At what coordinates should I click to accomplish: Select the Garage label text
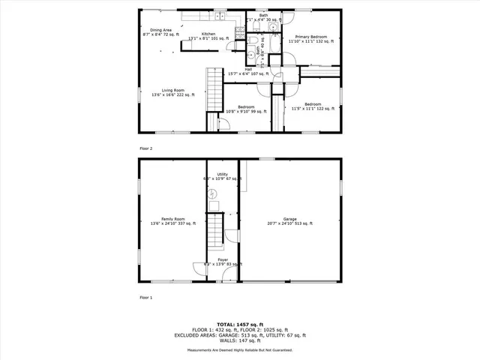[x=289, y=220]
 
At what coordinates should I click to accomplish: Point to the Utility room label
[x=222, y=176]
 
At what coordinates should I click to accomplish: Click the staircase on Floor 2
[x=215, y=88]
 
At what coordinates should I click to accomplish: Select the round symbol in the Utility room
[x=213, y=193]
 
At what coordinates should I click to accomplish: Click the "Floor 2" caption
[x=145, y=148]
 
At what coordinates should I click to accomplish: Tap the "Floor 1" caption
[x=145, y=298]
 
